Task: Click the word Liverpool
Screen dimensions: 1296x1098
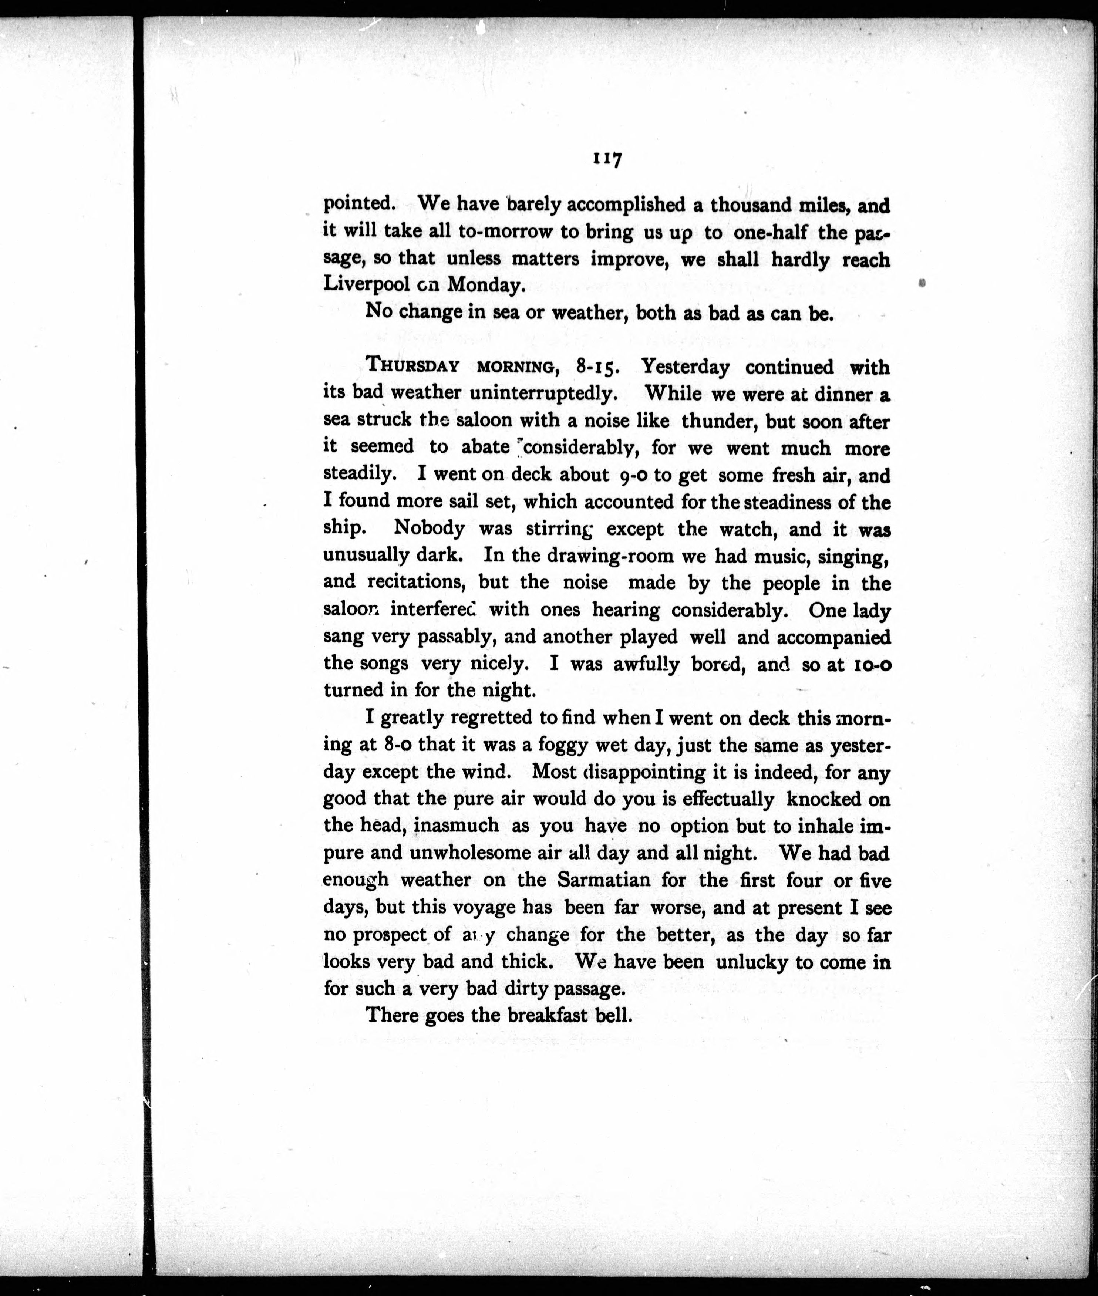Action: click(x=366, y=285)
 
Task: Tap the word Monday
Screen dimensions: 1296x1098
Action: click(x=485, y=285)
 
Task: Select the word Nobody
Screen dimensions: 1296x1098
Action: click(x=430, y=528)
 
